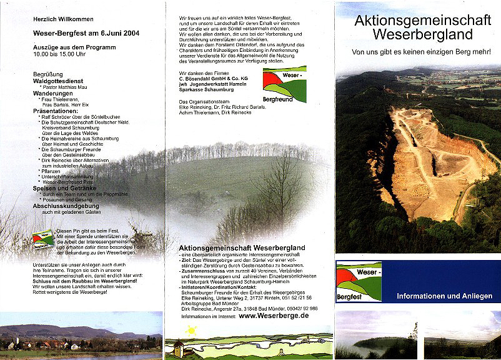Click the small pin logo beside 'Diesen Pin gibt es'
(43, 238)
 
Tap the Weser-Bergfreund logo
(285, 84)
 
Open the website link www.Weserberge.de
(274, 316)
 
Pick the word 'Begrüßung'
(47, 74)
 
